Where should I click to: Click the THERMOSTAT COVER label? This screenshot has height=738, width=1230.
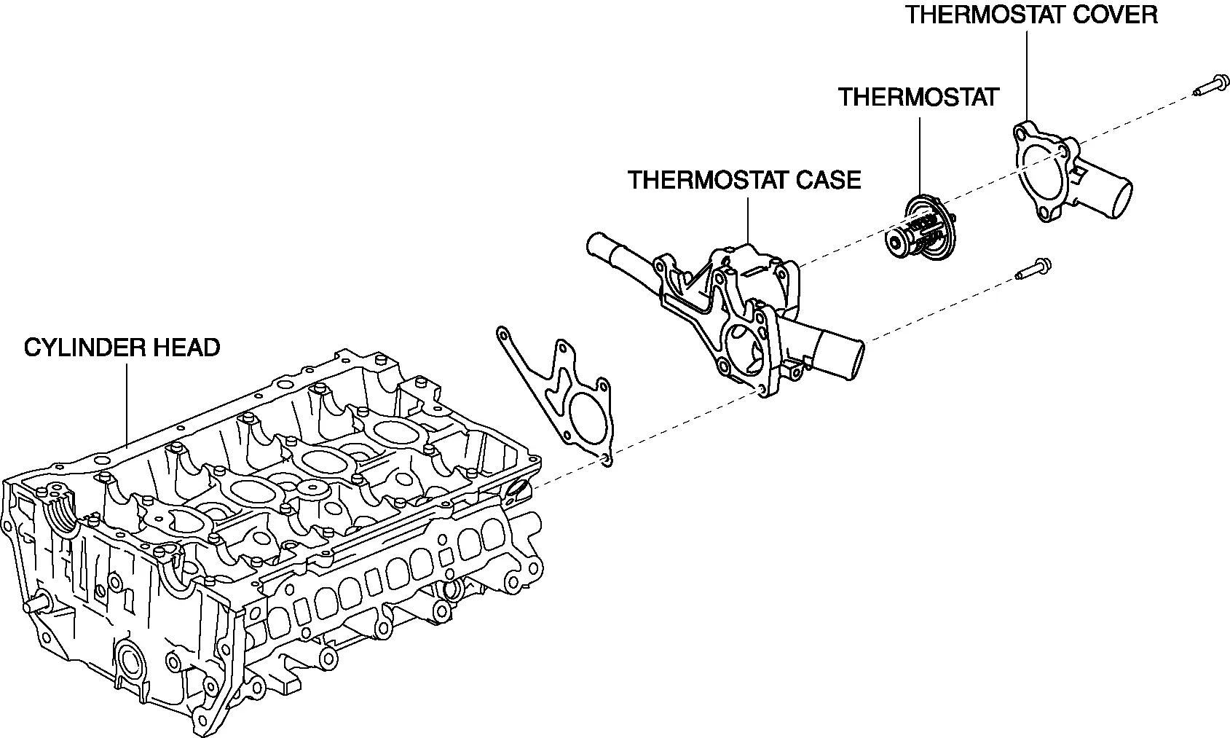1030,15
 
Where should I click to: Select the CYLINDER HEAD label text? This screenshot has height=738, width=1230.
122,348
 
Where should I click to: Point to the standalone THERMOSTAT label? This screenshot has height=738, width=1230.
918,97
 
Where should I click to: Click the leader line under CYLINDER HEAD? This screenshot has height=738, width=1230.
127,404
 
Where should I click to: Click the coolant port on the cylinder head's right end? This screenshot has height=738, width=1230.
520,490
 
